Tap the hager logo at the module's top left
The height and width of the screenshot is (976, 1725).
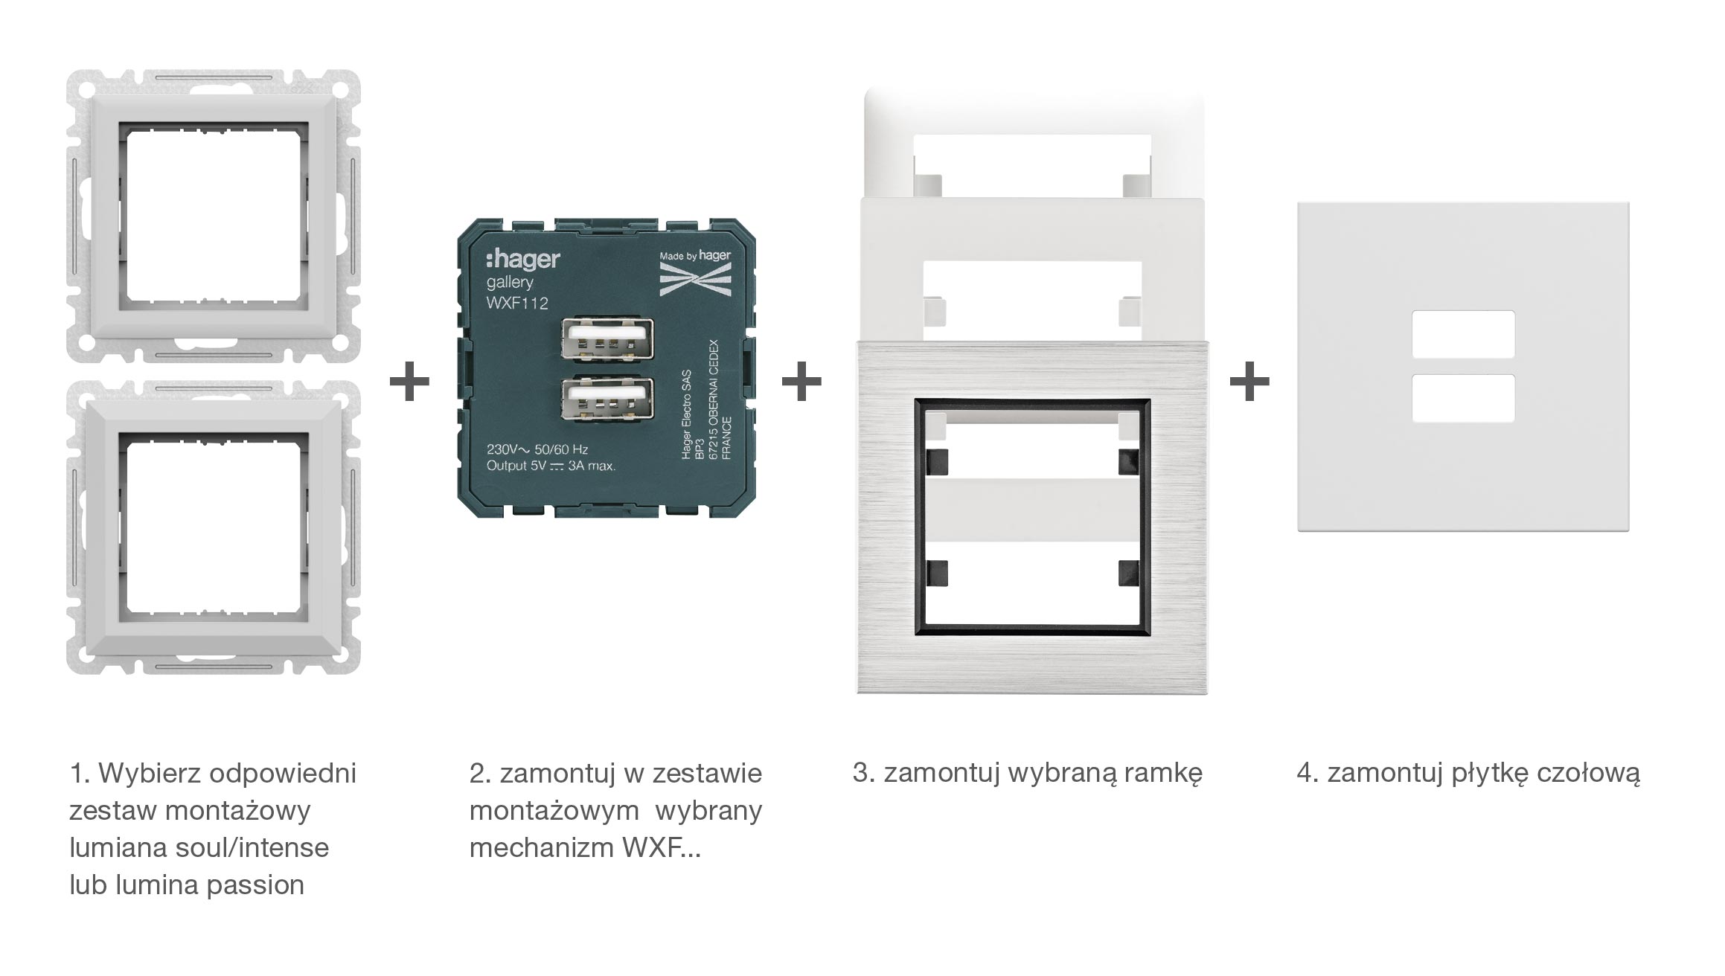tap(522, 259)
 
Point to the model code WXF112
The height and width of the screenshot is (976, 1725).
tap(517, 303)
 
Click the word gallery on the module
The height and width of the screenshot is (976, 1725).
tap(510, 282)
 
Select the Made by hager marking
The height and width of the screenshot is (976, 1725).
tap(695, 256)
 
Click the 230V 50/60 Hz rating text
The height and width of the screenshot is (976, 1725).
tap(537, 449)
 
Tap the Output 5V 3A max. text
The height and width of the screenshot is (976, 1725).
tap(551, 466)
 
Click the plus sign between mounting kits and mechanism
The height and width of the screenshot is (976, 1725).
tap(409, 382)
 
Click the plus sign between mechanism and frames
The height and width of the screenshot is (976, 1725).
tap(801, 382)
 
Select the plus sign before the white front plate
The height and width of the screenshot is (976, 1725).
tap(1249, 382)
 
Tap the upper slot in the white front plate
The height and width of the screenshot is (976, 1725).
tap(1463, 334)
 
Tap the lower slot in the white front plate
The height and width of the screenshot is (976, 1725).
tap(1463, 398)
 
